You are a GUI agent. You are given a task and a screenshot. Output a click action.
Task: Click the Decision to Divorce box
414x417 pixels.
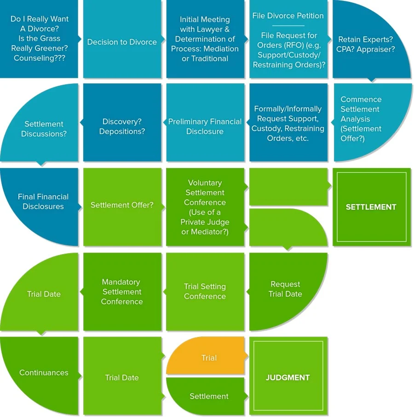(x=122, y=42)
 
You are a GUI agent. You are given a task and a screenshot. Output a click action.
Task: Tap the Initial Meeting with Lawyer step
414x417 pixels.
(x=205, y=39)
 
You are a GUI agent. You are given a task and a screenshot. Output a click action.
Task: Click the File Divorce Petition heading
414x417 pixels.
(x=288, y=16)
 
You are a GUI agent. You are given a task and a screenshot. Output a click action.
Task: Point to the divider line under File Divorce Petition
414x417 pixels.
(x=288, y=26)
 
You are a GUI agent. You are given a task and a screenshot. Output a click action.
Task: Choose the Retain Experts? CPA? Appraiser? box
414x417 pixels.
(x=367, y=44)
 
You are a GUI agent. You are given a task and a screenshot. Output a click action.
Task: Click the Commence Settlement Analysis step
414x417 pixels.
(x=361, y=119)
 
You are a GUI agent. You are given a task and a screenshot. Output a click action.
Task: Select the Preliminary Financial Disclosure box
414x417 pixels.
(x=205, y=126)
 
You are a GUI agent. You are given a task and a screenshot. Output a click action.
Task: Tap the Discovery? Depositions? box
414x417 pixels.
(x=122, y=126)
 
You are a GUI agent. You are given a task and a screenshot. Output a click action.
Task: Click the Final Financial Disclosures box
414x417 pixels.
(x=43, y=202)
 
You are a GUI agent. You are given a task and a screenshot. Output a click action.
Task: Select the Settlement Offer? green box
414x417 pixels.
(x=122, y=205)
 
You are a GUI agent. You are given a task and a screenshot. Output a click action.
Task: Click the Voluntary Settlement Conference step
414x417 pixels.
(x=205, y=207)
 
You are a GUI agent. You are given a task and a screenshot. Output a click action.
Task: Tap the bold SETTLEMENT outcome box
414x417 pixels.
(x=371, y=207)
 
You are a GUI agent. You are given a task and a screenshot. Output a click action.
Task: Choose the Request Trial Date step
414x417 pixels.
(x=285, y=289)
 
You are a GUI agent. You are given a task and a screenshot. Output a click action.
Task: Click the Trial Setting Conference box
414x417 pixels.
(x=205, y=291)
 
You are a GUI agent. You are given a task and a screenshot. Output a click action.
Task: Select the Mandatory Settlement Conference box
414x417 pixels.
(x=122, y=291)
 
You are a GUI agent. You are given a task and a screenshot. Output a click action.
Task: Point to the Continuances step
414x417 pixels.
(x=44, y=373)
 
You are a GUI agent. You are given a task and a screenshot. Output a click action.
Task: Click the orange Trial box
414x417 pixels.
(x=208, y=358)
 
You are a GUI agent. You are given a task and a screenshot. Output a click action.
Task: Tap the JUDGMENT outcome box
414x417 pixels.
(x=288, y=377)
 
